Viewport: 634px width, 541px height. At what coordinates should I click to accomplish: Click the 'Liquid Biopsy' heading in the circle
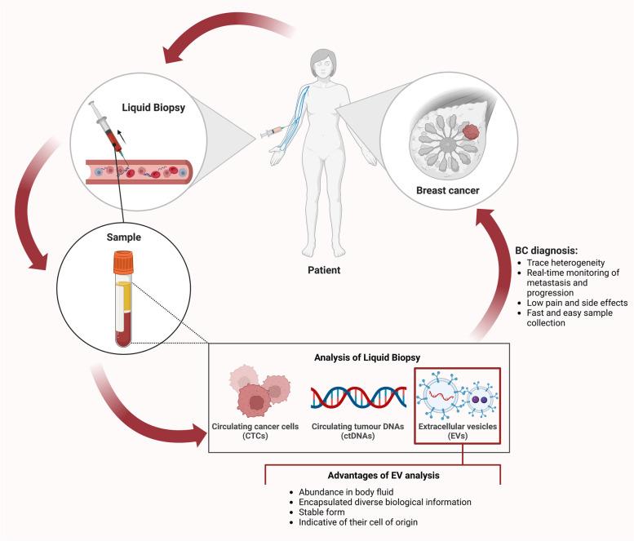(153, 108)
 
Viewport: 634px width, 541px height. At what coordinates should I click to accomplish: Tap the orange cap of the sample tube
(124, 263)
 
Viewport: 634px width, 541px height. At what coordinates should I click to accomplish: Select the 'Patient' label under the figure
(324, 270)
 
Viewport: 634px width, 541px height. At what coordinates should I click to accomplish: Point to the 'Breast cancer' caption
(448, 190)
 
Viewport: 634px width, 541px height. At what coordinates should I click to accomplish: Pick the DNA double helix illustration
(359, 397)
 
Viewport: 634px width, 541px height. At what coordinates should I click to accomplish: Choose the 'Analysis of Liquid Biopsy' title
(367, 357)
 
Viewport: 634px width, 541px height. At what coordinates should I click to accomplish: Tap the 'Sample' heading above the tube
(124, 237)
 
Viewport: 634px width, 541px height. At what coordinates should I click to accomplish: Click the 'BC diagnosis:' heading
(547, 251)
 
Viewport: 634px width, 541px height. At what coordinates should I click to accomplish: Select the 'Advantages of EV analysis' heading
(384, 475)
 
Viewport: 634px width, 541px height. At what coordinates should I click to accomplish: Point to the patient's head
(323, 64)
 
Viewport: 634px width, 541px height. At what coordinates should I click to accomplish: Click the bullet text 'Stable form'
(321, 512)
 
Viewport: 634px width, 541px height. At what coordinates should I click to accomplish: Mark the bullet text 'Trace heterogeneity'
(565, 263)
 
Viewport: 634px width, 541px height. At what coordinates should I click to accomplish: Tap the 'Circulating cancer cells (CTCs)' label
(255, 431)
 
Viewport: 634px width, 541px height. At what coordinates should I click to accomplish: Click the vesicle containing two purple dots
(480, 400)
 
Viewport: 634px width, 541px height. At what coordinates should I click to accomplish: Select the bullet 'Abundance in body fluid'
(346, 492)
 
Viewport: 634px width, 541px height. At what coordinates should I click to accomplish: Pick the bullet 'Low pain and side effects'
(577, 303)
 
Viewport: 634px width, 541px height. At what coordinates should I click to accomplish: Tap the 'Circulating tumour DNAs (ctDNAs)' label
(358, 431)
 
